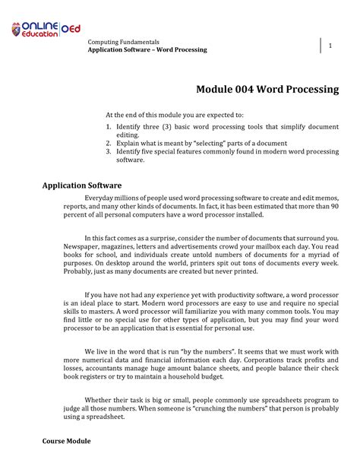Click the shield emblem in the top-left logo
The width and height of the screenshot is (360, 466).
tap(17, 30)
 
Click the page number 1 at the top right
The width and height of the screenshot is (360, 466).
tap(330, 46)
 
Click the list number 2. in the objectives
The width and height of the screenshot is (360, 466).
tap(109, 143)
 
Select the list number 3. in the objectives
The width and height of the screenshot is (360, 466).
tap(109, 152)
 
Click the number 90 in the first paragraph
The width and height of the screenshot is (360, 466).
tap(334, 206)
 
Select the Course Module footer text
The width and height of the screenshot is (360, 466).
tap(66, 441)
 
